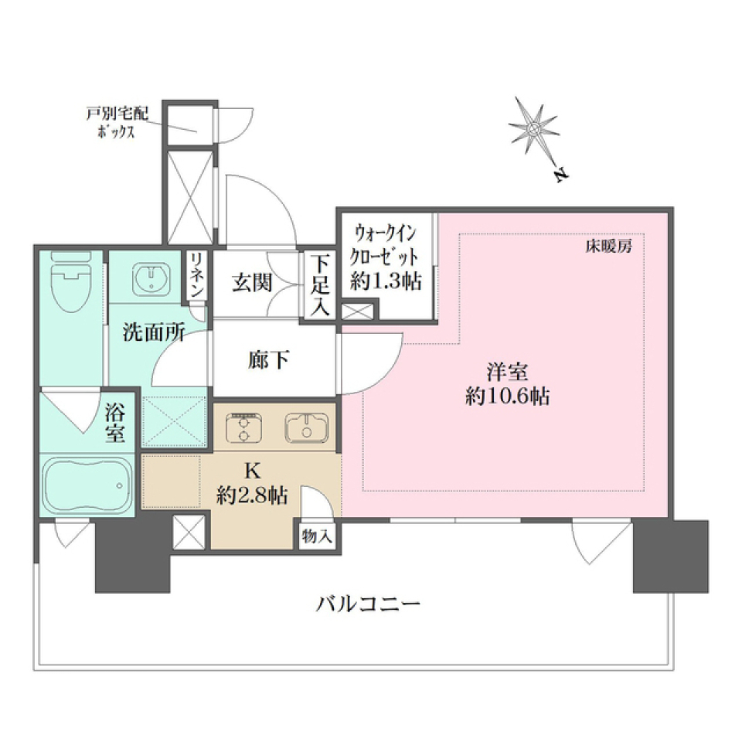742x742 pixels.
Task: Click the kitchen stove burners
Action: (243, 428)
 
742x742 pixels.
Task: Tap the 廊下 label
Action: (268, 360)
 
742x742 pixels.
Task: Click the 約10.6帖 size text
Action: (507, 398)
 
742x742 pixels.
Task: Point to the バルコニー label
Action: (368, 604)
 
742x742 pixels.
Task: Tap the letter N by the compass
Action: (561, 175)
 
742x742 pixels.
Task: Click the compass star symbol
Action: (534, 128)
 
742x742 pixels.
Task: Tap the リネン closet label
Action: (196, 275)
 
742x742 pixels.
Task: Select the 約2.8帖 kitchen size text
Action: (253, 496)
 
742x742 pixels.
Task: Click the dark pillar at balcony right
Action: (670, 556)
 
